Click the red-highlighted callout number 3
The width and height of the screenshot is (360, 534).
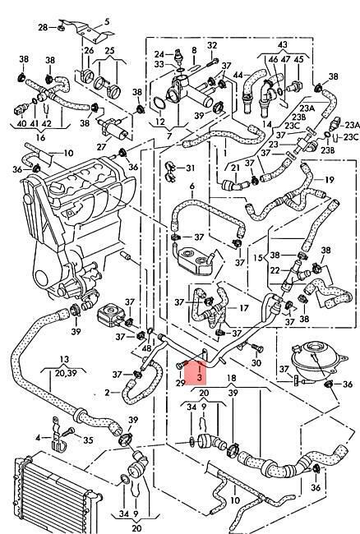pyautogui.click(x=200, y=377)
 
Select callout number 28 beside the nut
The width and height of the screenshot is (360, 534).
pyautogui.click(x=43, y=27)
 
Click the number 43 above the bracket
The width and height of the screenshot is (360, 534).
pyautogui.click(x=283, y=44)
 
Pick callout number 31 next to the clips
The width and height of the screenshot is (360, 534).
pyautogui.click(x=190, y=168)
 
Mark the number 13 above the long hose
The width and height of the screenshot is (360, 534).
pyautogui.click(x=64, y=359)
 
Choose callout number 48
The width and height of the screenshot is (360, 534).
pyautogui.click(x=146, y=348)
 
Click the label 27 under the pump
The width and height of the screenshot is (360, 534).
pyautogui.click(x=101, y=147)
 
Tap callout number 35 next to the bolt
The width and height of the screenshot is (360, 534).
pyautogui.click(x=88, y=440)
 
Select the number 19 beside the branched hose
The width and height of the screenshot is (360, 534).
pyautogui.click(x=330, y=180)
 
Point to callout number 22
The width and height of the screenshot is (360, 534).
pyautogui.click(x=275, y=270)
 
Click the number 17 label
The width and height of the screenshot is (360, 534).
pyautogui.click(x=244, y=308)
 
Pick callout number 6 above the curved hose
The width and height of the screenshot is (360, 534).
pyautogui.click(x=192, y=186)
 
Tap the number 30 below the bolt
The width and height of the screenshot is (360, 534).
pyautogui.click(x=256, y=363)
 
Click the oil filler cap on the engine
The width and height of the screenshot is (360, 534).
pyautogui.click(x=57, y=188)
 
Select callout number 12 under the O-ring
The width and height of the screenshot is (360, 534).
pyautogui.click(x=160, y=122)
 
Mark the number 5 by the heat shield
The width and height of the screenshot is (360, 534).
pyautogui.click(x=107, y=22)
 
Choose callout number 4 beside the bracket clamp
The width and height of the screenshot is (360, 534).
pyautogui.click(x=38, y=437)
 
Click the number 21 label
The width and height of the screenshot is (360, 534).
pyautogui.click(x=235, y=168)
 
